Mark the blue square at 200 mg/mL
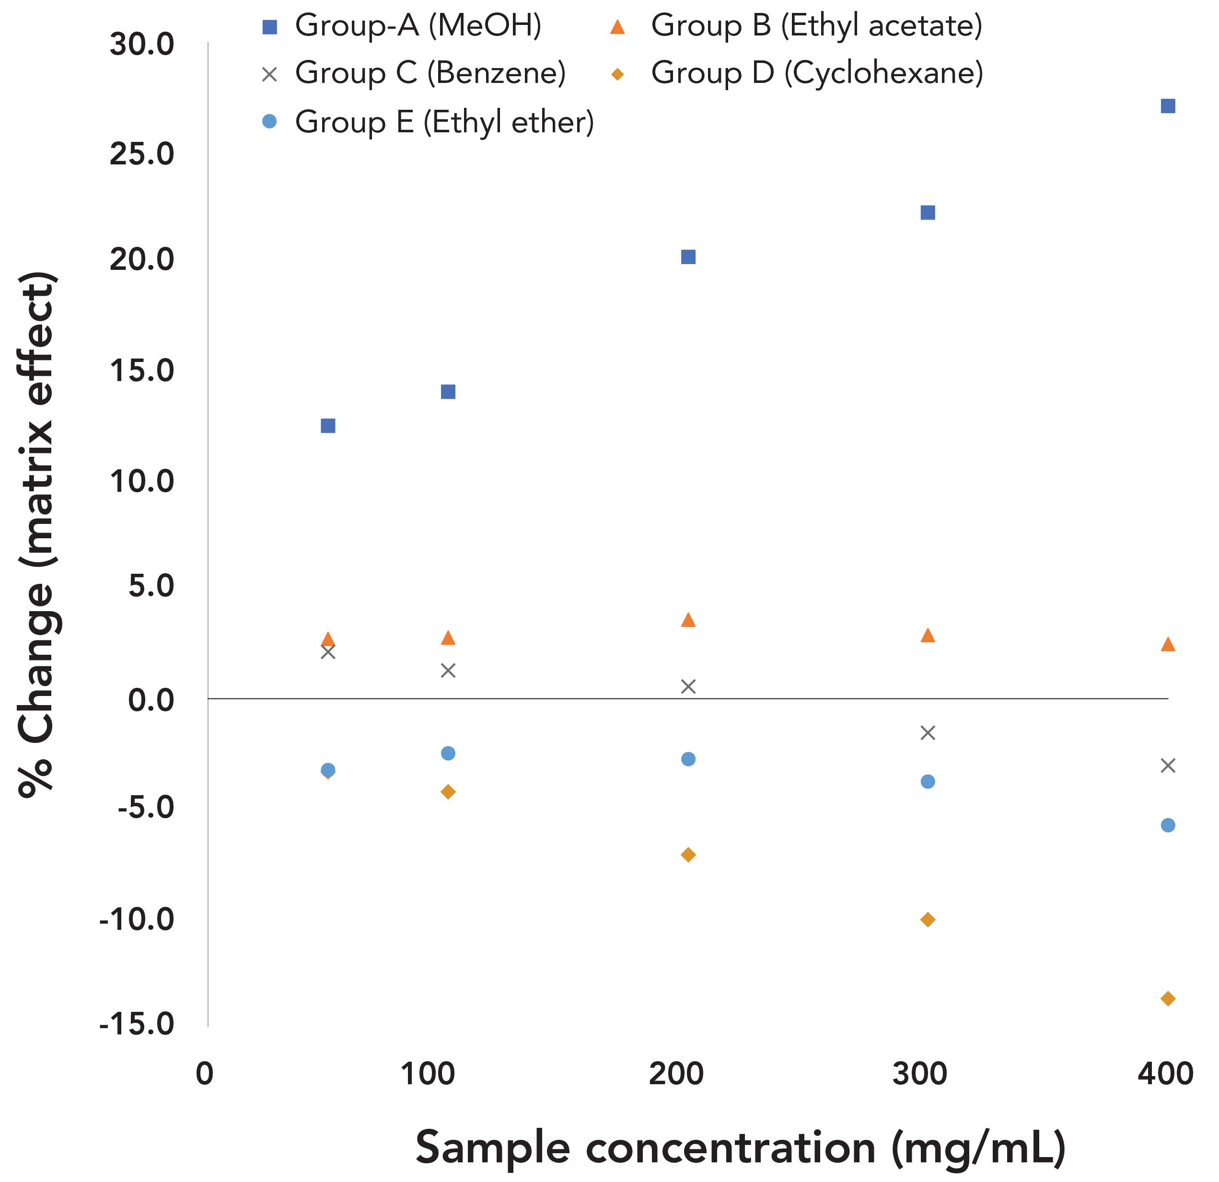click(x=688, y=257)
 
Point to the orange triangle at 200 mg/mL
click(x=688, y=620)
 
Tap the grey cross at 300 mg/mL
click(x=927, y=732)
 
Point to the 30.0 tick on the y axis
click(x=142, y=45)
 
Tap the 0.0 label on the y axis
click(x=151, y=699)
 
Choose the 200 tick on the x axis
click(x=675, y=1074)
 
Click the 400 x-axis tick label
click(x=1165, y=1074)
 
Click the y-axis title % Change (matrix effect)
click(x=37, y=535)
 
